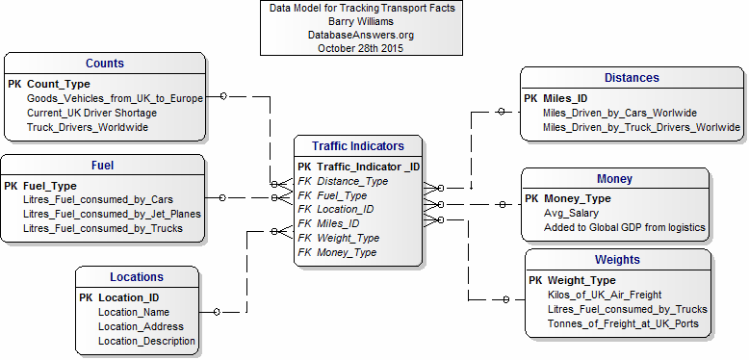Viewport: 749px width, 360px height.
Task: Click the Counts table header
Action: tap(104, 64)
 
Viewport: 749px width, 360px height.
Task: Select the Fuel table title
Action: tap(102, 166)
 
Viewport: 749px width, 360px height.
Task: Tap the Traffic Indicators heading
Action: tap(358, 146)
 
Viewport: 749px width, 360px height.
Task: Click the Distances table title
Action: tap(632, 78)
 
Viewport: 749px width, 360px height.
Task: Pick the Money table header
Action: tap(614, 178)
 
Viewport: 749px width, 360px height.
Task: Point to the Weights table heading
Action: tap(617, 260)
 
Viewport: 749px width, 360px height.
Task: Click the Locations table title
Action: tap(136, 277)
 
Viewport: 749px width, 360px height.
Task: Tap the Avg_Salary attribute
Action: tap(571, 213)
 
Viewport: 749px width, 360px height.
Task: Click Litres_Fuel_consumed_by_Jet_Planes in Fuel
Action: tap(111, 214)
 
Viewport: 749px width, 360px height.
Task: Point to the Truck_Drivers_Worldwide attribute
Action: tap(88, 127)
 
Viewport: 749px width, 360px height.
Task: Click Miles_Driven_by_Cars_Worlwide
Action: tap(621, 113)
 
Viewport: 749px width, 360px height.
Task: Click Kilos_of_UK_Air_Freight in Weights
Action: tap(603, 295)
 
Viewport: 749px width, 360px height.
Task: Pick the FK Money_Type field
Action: tap(336, 252)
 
